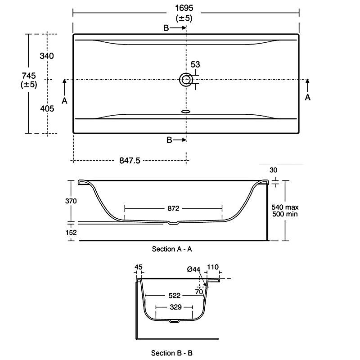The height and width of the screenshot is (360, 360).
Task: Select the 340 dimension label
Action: pos(47,56)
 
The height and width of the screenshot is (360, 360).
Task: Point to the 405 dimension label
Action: pos(47,108)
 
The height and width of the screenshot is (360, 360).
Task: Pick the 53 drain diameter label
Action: pos(195,65)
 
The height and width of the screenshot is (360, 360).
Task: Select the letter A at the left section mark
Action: pos(64,101)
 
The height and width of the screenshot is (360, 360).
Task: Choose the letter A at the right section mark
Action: pos(308,97)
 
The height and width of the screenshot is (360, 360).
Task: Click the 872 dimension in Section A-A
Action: pos(173,208)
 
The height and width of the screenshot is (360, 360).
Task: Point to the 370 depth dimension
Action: pos(71,201)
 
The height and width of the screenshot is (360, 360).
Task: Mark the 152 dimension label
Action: pos(71,232)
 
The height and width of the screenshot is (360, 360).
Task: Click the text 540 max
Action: pos(285,207)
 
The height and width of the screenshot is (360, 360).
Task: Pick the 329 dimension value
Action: pos(175,307)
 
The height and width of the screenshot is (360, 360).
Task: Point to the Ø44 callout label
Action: pos(194,269)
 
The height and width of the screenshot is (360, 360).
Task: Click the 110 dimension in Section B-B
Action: pos(212,267)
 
